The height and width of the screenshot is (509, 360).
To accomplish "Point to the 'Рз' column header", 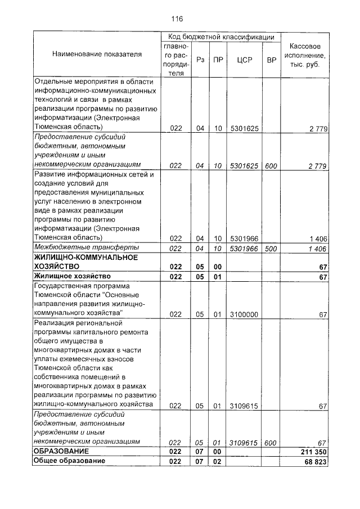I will pos(200,60).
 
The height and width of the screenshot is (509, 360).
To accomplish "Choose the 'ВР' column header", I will pos(271,60).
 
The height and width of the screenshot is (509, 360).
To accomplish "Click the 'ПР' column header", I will pos(217,60).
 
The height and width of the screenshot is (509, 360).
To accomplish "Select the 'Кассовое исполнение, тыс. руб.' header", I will pos(304,55).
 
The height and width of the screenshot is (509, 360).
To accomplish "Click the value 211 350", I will pos(311,452).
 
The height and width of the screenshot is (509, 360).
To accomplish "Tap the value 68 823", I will pos(313,461).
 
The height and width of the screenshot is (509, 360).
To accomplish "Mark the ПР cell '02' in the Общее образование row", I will pos(217,461).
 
